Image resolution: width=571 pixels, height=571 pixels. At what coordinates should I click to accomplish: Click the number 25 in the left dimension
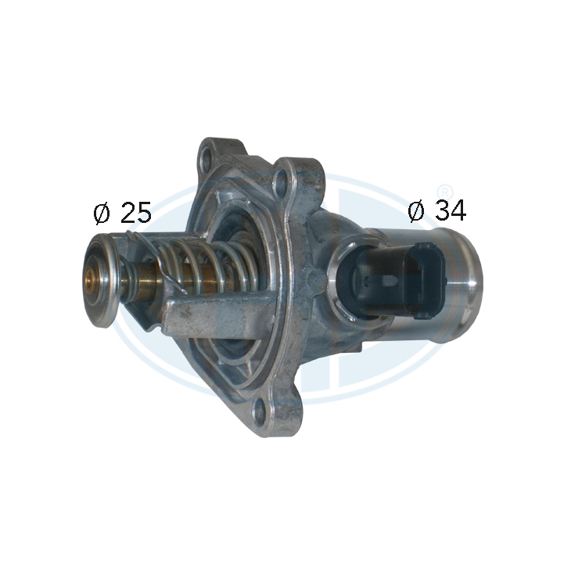[x=135, y=213]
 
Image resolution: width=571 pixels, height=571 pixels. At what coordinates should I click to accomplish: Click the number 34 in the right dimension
[x=451, y=210]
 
